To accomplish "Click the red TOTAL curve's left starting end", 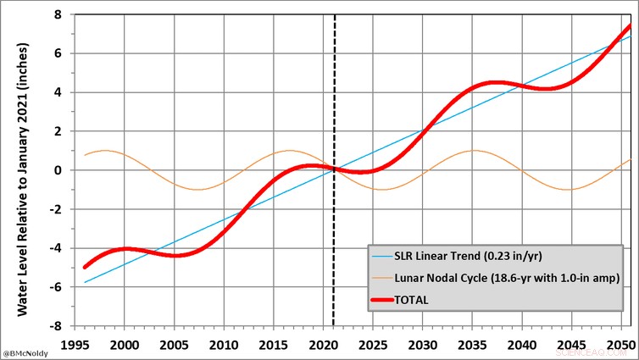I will tap(84, 267).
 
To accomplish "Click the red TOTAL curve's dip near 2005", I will tap(175, 255).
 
